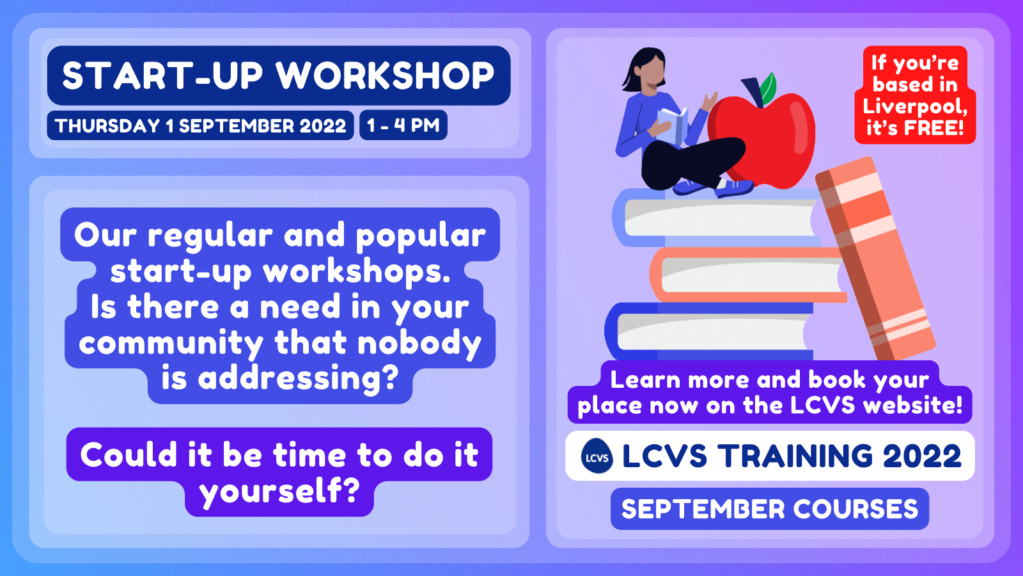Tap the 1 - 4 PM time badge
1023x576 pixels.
click(x=403, y=125)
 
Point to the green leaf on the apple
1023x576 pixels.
click(x=768, y=88)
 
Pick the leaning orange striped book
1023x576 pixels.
click(x=875, y=259)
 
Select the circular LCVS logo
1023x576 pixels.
click(x=597, y=456)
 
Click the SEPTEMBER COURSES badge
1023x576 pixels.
click(x=770, y=509)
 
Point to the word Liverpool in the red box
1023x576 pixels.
click(x=915, y=106)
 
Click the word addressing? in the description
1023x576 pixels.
click(x=298, y=378)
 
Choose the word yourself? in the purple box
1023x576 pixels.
click(x=279, y=492)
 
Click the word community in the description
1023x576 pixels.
click(x=171, y=343)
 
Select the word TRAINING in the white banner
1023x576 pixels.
click(x=795, y=456)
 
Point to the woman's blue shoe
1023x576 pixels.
click(x=733, y=188)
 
